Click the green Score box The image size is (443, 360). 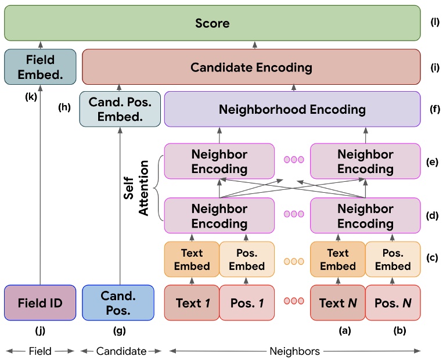click(x=212, y=24)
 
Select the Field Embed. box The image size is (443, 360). click(x=40, y=67)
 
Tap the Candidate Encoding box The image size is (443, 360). click(x=251, y=67)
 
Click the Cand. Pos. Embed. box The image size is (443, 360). click(x=120, y=109)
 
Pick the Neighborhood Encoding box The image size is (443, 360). click(x=292, y=109)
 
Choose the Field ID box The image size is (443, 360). click(x=40, y=303)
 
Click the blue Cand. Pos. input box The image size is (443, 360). click(x=118, y=303)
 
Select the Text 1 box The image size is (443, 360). click(x=192, y=303)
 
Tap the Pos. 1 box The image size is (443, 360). click(x=246, y=303)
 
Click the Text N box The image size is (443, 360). click(x=337, y=303)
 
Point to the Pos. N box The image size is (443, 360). click(x=392, y=303)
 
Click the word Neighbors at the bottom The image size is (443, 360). click(x=294, y=351)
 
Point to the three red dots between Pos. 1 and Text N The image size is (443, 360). click(x=293, y=301)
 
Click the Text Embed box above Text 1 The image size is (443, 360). click(x=192, y=259)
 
